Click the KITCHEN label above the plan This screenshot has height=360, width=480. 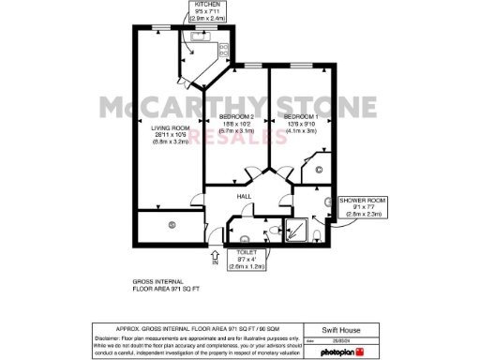207,5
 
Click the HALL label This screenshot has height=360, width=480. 243,196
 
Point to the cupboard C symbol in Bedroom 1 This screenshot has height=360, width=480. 319,169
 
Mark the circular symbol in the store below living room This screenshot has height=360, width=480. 172,225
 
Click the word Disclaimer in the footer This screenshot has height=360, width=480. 108,337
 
